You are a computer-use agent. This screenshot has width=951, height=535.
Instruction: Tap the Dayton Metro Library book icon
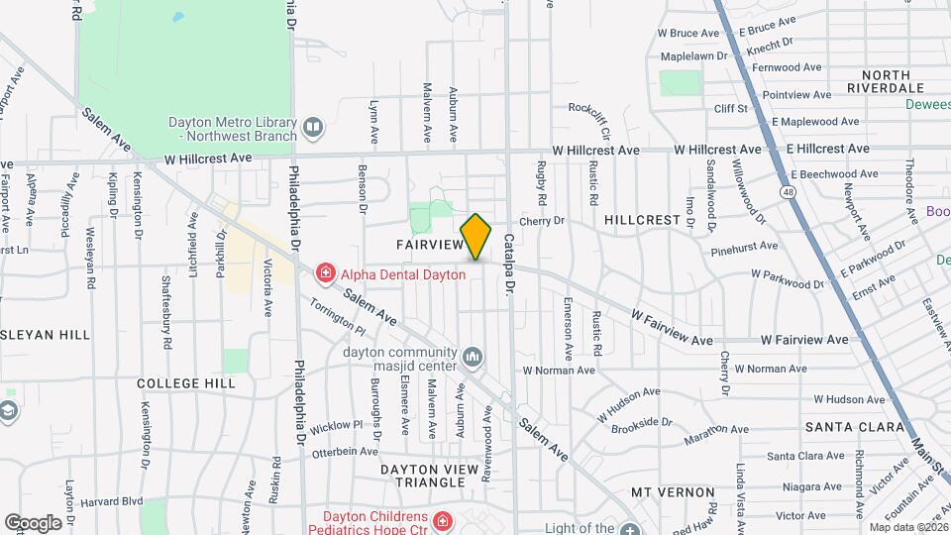click(313, 126)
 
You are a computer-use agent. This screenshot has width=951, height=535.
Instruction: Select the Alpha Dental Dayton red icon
click(324, 272)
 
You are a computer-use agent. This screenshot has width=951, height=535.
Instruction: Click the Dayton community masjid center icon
click(473, 356)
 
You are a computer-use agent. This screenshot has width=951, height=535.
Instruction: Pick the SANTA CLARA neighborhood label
click(843, 427)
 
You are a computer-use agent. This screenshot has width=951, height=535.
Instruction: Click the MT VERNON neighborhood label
click(672, 492)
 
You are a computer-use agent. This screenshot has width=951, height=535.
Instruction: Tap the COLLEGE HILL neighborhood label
click(186, 383)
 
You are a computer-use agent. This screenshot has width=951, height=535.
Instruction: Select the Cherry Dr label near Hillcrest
click(541, 221)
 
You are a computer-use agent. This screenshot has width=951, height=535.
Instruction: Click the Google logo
click(33, 522)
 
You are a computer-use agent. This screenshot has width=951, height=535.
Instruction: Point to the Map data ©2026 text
click(908, 527)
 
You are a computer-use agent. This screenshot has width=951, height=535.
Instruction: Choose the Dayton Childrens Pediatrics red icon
click(442, 519)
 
